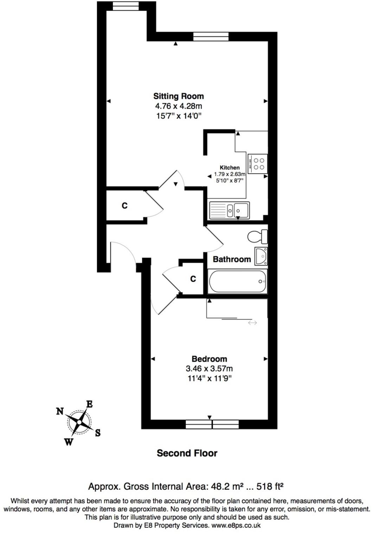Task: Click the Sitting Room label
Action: point(178,96)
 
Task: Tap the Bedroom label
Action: point(209,359)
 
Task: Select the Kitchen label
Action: point(230,168)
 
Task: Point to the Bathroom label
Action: point(232,259)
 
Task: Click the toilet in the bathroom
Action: point(257,237)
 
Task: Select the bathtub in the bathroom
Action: point(238,282)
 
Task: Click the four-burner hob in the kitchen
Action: point(258,163)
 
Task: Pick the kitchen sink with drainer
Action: point(229,210)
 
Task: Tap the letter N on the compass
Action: point(60,411)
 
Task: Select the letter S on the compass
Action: point(98,433)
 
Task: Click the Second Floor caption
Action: point(187,453)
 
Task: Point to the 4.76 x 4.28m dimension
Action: point(179,106)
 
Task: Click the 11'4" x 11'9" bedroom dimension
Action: point(209,379)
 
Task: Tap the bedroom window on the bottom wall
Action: point(212,424)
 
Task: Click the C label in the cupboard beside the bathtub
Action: point(193,279)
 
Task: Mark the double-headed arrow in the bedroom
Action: point(252,323)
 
